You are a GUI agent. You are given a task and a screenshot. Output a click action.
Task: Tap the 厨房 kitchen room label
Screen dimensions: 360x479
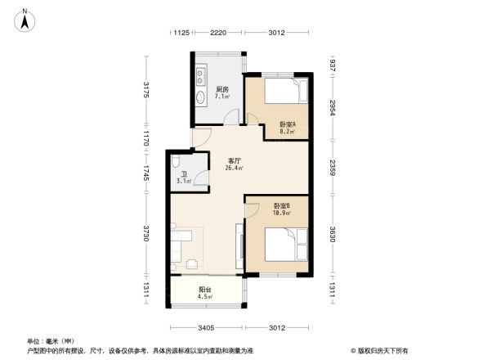(x=222, y=89)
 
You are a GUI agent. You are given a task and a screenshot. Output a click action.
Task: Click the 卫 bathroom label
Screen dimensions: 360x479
(x=184, y=174)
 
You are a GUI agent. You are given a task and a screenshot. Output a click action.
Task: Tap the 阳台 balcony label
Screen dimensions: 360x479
(x=205, y=289)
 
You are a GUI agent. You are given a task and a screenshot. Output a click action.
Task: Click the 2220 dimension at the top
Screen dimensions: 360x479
(x=217, y=33)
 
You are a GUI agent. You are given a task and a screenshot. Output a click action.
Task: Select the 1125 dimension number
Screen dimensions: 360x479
(x=181, y=33)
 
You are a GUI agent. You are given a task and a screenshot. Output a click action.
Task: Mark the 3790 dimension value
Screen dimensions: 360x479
(x=145, y=233)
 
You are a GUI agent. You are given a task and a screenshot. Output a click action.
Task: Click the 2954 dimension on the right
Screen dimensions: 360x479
(x=333, y=106)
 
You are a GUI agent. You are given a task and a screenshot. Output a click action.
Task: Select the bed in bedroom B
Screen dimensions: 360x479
(x=286, y=243)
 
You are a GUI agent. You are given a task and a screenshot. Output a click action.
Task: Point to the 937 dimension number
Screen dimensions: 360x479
(x=333, y=65)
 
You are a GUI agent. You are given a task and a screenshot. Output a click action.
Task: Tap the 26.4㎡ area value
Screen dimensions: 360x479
(x=234, y=169)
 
